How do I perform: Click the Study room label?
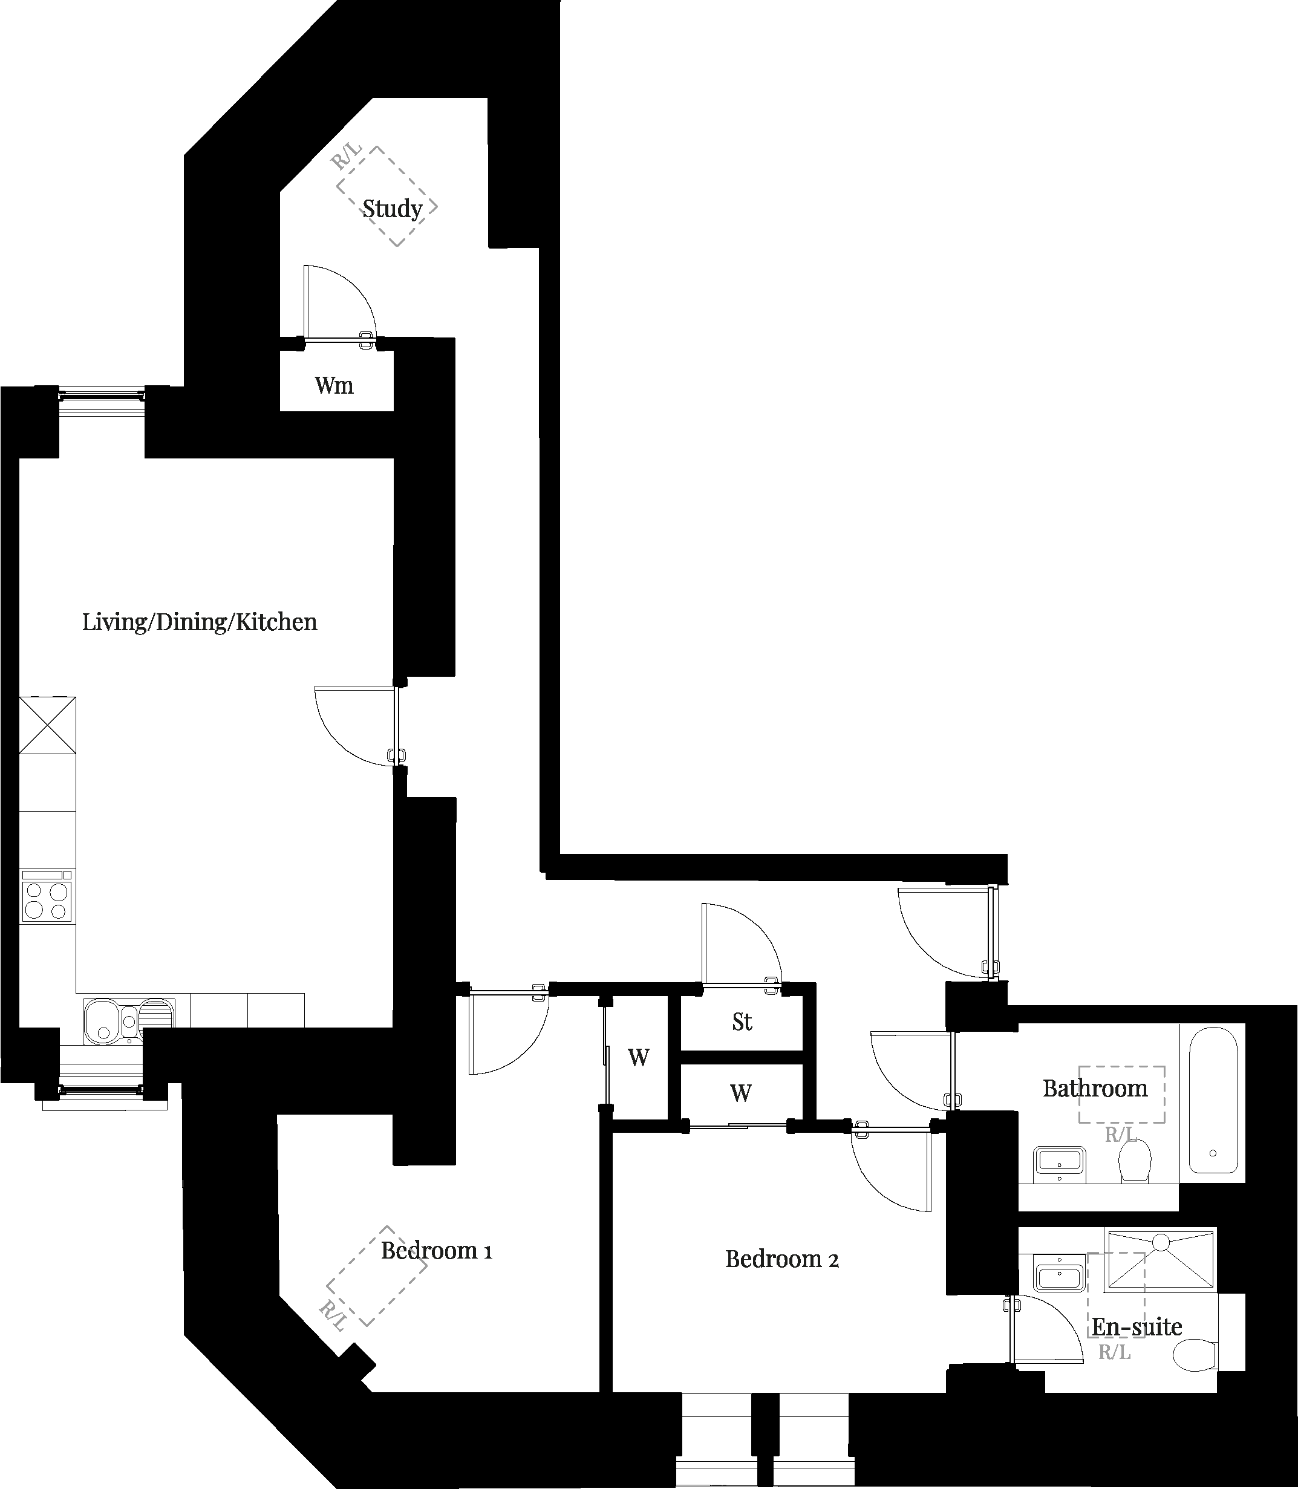pyautogui.click(x=393, y=209)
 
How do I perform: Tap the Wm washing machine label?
pyautogui.click(x=334, y=385)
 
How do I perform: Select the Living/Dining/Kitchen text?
pyautogui.click(x=200, y=622)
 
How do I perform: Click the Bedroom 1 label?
pyautogui.click(x=437, y=1251)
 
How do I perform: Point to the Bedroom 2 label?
pyautogui.click(x=782, y=1259)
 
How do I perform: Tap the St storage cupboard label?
pyautogui.click(x=742, y=1022)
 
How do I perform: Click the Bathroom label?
pyautogui.click(x=1095, y=1089)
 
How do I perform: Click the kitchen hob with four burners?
pyautogui.click(x=48, y=902)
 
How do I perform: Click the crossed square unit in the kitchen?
pyautogui.click(x=47, y=725)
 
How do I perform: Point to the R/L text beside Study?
pyautogui.click(x=347, y=157)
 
